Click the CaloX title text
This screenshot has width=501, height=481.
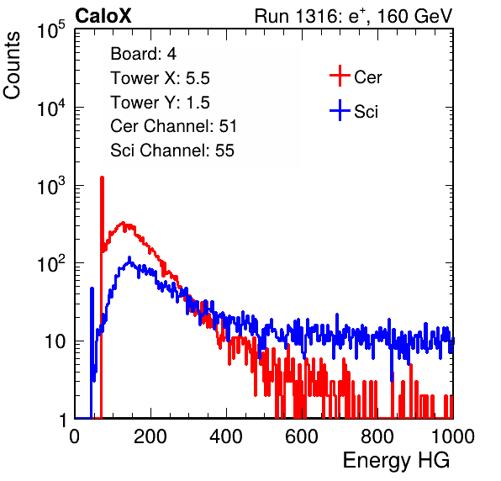pyautogui.click(x=103, y=16)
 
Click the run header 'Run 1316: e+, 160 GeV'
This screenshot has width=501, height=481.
pyautogui.click(x=353, y=16)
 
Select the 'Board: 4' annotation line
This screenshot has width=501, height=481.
pyautogui.click(x=143, y=54)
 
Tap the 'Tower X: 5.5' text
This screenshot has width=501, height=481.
pyautogui.click(x=160, y=78)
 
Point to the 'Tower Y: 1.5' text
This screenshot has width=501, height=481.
pyautogui.click(x=160, y=103)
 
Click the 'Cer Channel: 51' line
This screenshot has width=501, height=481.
pyautogui.click(x=173, y=126)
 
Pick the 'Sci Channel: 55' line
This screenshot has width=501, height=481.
pyautogui.click(x=172, y=151)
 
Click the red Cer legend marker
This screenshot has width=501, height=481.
pyautogui.click(x=340, y=76)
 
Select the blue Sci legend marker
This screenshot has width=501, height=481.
pyautogui.click(x=340, y=110)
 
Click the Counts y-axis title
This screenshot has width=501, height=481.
pyautogui.click(x=12, y=66)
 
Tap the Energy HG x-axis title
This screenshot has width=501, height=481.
pyautogui.click(x=396, y=461)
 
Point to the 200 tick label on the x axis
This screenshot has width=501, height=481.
pyautogui.click(x=150, y=436)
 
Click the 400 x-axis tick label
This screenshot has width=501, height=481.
pyautogui.click(x=226, y=436)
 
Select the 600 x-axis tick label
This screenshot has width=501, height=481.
pyautogui.click(x=302, y=436)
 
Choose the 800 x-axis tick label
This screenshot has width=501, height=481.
pyautogui.click(x=377, y=436)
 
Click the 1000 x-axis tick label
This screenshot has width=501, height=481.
pyautogui.click(x=453, y=436)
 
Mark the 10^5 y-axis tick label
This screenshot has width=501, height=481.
pyautogui.click(x=51, y=29)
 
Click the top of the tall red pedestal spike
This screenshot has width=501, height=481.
pyautogui.click(x=102, y=177)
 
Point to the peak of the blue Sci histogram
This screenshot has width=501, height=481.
pyautogui.click(x=129, y=257)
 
